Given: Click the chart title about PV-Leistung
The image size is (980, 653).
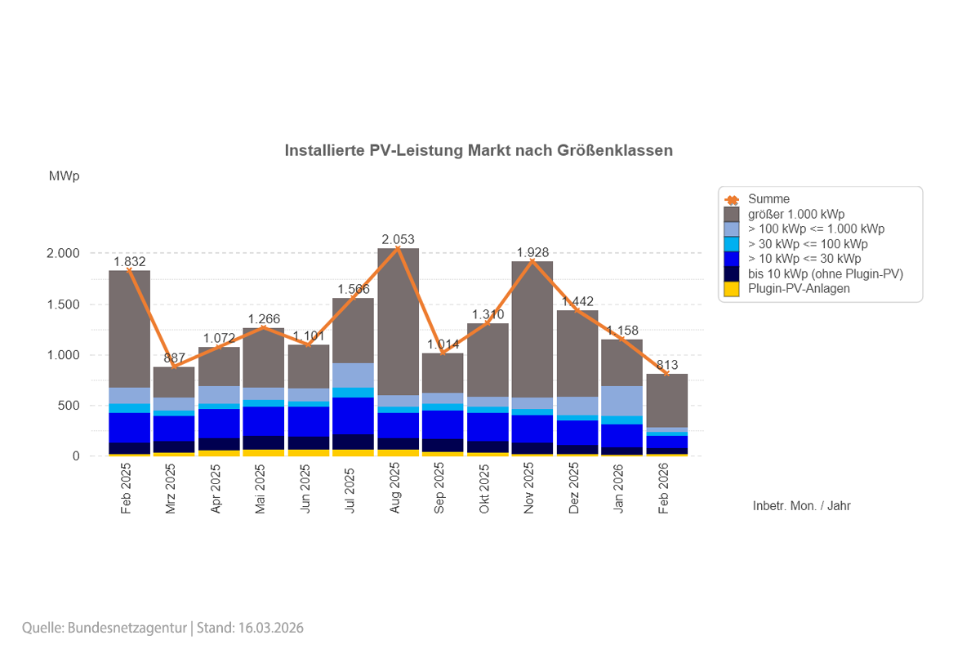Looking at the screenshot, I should (x=479, y=151).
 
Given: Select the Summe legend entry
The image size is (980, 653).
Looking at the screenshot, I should (x=768, y=199).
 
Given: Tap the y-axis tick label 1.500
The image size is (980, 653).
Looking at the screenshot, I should (x=63, y=304).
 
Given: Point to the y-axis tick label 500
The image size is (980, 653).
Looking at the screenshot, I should (x=69, y=406).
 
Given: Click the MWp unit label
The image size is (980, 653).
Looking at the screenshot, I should (x=64, y=176).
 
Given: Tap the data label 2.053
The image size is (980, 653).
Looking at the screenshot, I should (x=398, y=240).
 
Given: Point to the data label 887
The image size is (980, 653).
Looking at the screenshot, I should (x=174, y=358).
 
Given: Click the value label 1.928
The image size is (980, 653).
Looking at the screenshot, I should (x=532, y=252).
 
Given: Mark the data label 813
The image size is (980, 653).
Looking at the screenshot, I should (x=667, y=365).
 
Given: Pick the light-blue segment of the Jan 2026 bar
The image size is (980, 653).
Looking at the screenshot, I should (x=622, y=401).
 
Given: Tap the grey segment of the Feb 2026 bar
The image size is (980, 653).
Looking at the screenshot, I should (x=667, y=400).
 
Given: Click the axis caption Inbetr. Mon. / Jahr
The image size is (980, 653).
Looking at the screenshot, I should (x=801, y=506).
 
